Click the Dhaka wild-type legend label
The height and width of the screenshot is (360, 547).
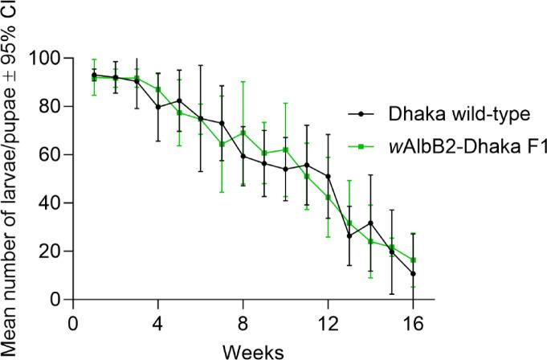[x=451, y=114]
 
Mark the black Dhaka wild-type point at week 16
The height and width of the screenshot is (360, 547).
[x=414, y=273]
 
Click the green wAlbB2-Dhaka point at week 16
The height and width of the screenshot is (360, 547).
[x=414, y=260]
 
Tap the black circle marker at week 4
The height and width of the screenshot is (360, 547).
[x=157, y=106]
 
